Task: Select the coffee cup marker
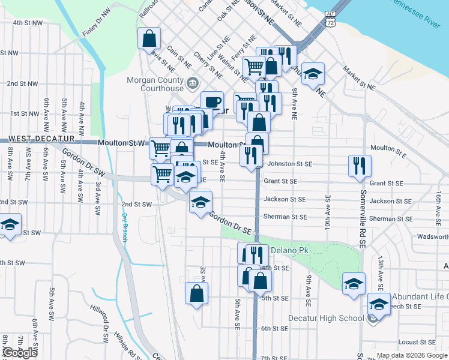pos(211,101)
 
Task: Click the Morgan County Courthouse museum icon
pos(193,83)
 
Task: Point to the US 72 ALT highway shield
pos(330,18)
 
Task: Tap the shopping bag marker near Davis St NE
pos(149,39)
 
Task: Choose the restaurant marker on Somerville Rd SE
pos(360,166)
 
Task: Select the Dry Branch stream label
pos(125,228)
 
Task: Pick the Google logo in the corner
pos(20,353)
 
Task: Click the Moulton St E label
pos(388,148)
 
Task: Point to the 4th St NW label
pos(28,23)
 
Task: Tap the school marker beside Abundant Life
pos(378,304)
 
